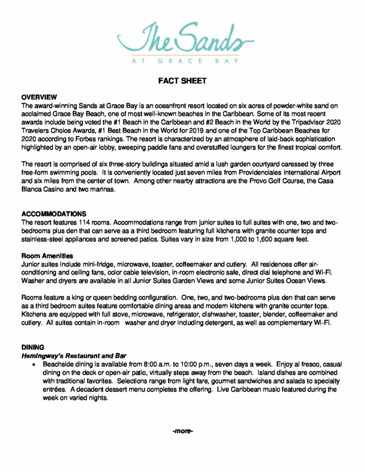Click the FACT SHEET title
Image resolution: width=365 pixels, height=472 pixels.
tap(182, 81)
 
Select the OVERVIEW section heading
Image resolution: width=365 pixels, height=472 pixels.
tap(39, 97)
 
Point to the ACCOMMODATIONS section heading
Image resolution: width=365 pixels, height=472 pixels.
tap(54, 214)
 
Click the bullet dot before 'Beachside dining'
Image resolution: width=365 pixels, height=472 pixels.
tap(34, 364)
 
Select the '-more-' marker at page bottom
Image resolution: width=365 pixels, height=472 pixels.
tap(182, 431)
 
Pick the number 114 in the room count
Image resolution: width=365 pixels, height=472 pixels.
tap(80, 223)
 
